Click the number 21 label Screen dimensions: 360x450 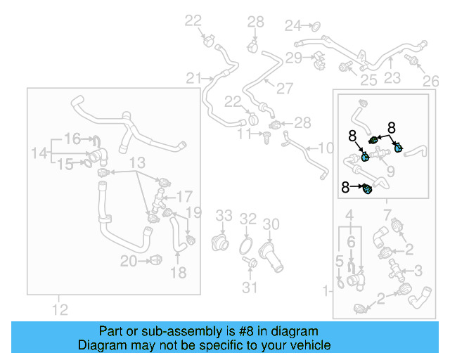193,77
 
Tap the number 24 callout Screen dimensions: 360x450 292,26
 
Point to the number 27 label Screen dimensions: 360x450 284,89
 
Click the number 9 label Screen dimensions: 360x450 391,171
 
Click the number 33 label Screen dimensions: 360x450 223,214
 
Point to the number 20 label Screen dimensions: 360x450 127,262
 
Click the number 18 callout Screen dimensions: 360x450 179,272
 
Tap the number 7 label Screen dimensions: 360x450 387,213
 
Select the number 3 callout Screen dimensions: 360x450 418,269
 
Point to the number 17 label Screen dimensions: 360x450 184,196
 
